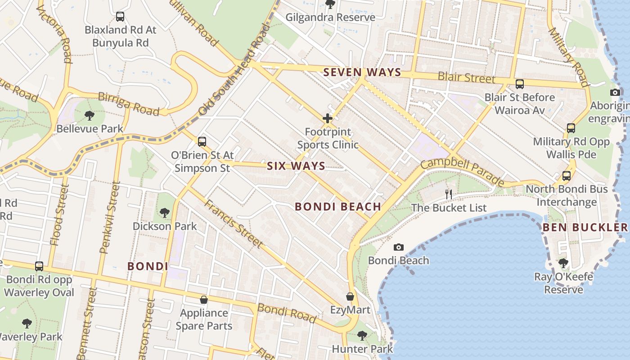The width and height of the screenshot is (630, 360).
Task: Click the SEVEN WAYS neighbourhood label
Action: click(362, 72)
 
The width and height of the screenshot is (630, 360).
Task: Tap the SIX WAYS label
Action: click(296, 166)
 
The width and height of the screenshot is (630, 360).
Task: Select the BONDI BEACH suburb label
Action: click(338, 207)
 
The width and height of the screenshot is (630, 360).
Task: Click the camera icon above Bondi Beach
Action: click(398, 247)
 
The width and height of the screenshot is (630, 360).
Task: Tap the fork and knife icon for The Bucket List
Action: click(448, 194)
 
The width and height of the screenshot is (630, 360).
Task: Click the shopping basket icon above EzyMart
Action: click(350, 297)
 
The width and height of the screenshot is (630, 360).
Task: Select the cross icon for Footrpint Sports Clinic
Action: click(328, 118)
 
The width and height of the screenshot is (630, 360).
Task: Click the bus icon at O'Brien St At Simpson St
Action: click(202, 141)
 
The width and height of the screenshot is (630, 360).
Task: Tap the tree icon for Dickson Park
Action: click(164, 212)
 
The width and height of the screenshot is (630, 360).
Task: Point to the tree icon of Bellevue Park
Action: click(90, 115)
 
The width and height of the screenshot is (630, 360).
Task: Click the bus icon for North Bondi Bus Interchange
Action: click(567, 175)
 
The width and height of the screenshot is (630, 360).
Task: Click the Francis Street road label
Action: click(233, 223)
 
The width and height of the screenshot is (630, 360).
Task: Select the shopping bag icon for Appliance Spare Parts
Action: click(204, 299)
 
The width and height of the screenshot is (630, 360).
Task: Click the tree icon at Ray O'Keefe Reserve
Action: click(563, 263)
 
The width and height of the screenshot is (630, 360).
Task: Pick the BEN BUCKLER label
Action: click(585, 227)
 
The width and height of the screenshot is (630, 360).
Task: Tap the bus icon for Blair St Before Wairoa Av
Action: click(520, 84)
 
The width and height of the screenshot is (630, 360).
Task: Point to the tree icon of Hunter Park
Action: click(362, 335)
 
